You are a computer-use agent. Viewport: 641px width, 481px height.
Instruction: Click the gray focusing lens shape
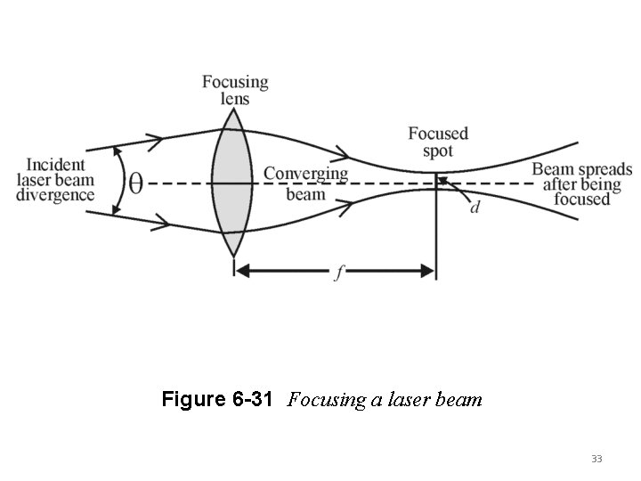point(233,183)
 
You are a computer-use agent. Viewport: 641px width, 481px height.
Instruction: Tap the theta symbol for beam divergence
point(135,183)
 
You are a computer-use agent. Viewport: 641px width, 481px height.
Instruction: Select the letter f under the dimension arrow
point(336,275)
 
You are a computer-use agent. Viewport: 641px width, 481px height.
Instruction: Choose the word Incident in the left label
point(56,165)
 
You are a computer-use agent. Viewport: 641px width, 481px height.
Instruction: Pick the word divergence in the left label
point(55,195)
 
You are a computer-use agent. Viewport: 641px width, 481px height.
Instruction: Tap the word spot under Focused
point(438,151)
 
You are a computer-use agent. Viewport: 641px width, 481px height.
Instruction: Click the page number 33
point(596,459)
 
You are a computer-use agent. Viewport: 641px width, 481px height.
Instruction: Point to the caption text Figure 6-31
point(218,400)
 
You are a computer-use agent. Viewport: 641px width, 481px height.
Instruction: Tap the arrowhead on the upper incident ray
point(155,139)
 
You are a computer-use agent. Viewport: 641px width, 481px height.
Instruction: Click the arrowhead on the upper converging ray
point(342,152)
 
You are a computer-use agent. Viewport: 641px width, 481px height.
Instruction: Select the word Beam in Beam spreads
point(552,169)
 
